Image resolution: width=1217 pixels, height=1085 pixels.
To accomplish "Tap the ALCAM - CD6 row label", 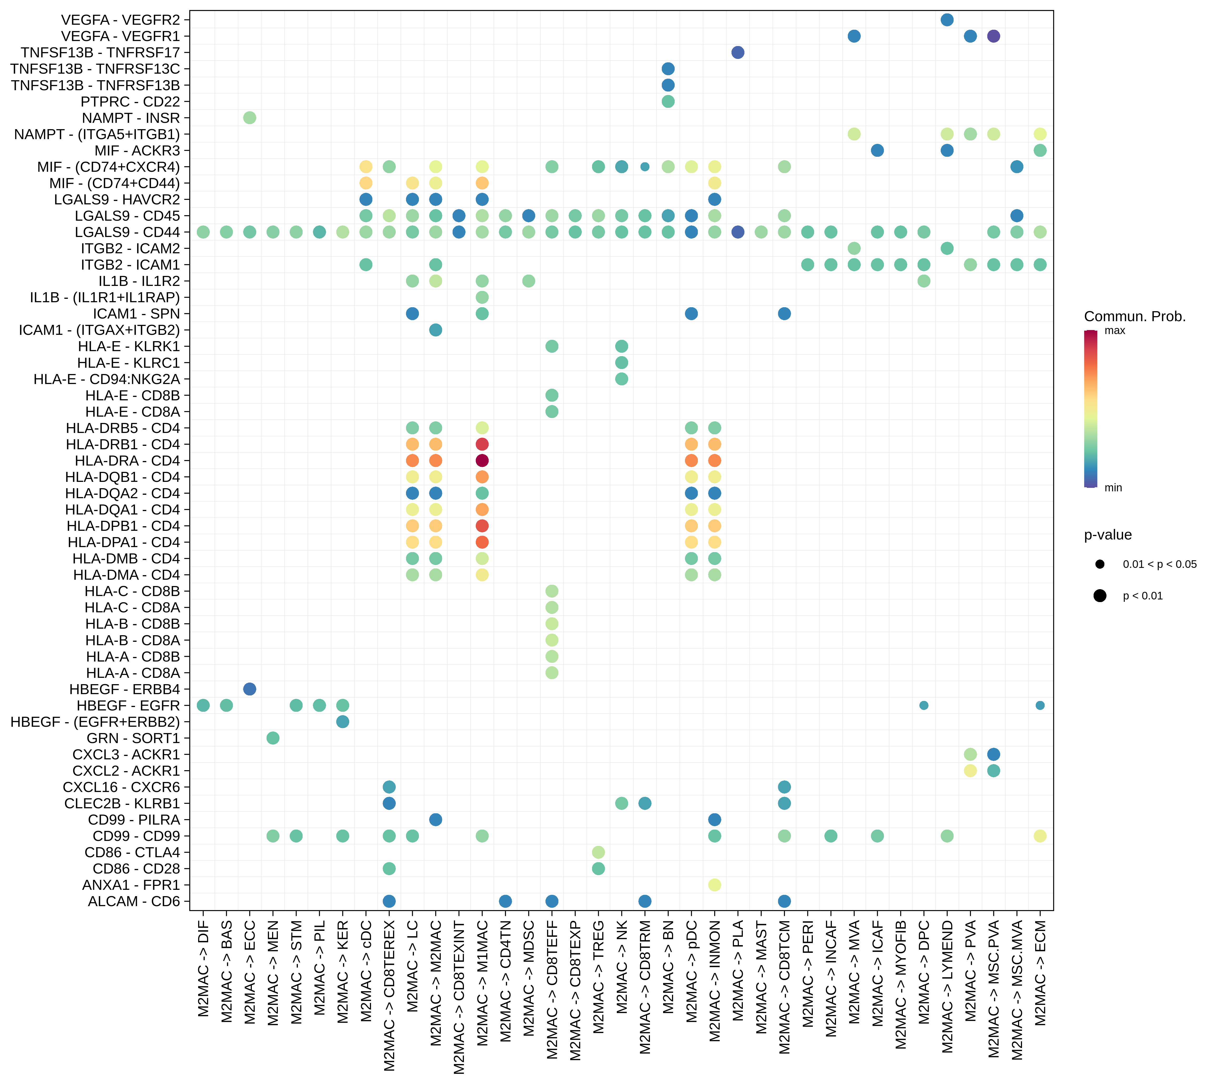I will point(134,901).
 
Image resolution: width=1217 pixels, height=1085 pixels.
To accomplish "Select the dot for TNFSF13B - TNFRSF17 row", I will point(738,52).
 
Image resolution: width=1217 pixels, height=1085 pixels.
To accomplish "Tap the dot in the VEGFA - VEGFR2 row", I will point(947,20).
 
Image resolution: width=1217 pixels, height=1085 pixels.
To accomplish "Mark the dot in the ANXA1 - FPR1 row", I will point(714,885).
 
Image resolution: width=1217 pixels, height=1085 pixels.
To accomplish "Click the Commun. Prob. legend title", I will point(1134,317).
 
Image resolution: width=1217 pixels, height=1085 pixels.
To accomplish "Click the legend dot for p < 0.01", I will point(1100,596).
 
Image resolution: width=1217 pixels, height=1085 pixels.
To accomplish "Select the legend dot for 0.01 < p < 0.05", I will point(1100,564).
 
